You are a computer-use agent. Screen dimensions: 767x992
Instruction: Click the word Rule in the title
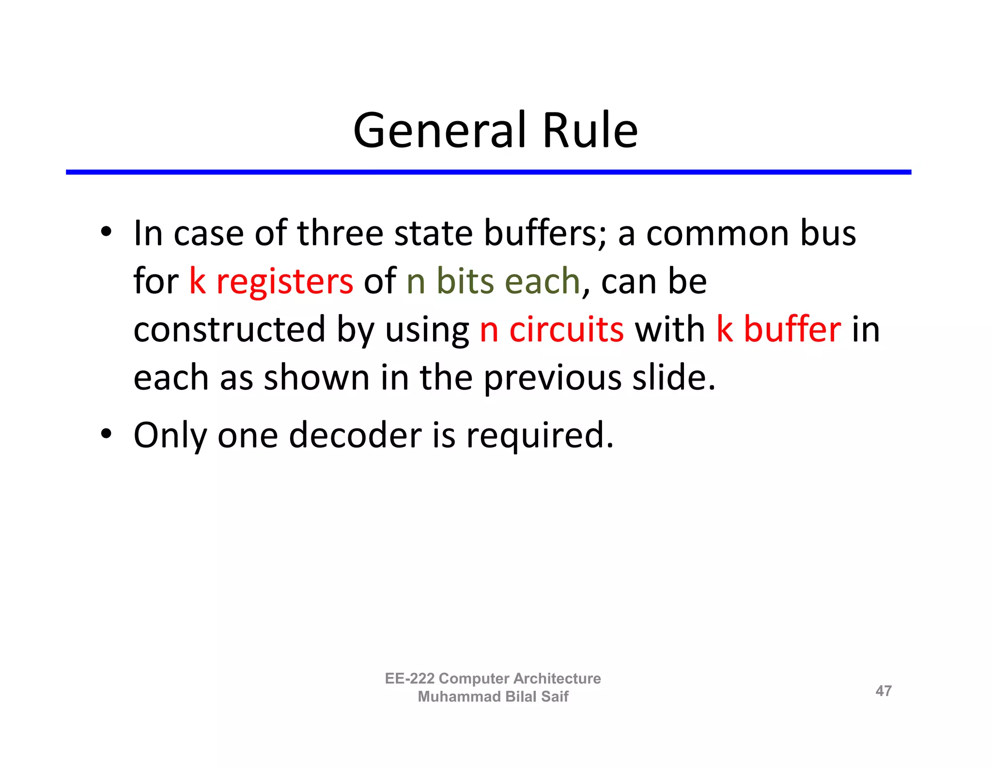click(590, 130)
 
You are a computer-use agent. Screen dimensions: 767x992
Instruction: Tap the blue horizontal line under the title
click(488, 172)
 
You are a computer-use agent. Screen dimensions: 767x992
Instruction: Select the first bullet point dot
click(106, 231)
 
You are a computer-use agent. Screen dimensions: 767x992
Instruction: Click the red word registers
click(285, 282)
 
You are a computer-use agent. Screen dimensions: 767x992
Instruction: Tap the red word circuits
click(567, 330)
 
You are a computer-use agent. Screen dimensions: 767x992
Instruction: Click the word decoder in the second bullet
click(355, 435)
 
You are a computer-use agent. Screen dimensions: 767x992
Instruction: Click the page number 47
click(883, 691)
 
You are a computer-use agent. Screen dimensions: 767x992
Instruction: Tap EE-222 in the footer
click(409, 678)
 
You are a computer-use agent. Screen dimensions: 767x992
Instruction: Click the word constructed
click(230, 330)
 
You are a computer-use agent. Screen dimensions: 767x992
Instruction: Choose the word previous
click(553, 379)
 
